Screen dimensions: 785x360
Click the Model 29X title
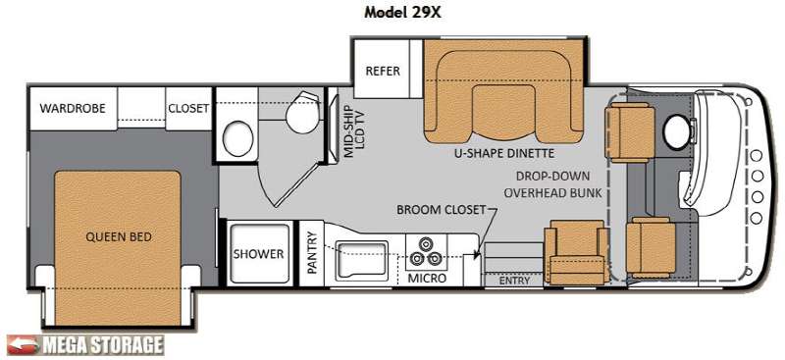tap(402, 13)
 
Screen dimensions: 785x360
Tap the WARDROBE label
tap(73, 108)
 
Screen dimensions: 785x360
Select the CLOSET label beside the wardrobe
tap(188, 108)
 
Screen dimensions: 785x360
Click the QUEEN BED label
tap(119, 236)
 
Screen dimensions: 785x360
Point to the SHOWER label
tap(258, 254)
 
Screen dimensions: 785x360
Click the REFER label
tap(383, 71)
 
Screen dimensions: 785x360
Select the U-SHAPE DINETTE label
tap(502, 153)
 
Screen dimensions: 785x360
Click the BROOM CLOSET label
tap(441, 209)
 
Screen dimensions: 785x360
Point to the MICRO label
tap(427, 278)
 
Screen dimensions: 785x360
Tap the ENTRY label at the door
tap(514, 281)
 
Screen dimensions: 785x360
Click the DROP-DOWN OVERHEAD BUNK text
tap(552, 184)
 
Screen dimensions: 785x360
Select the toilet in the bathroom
tap(302, 112)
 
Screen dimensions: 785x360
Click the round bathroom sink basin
tap(237, 139)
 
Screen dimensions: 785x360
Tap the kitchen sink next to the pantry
tap(362, 259)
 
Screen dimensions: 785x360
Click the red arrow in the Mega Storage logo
tap(22, 345)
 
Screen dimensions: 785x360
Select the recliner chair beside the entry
tap(576, 252)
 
